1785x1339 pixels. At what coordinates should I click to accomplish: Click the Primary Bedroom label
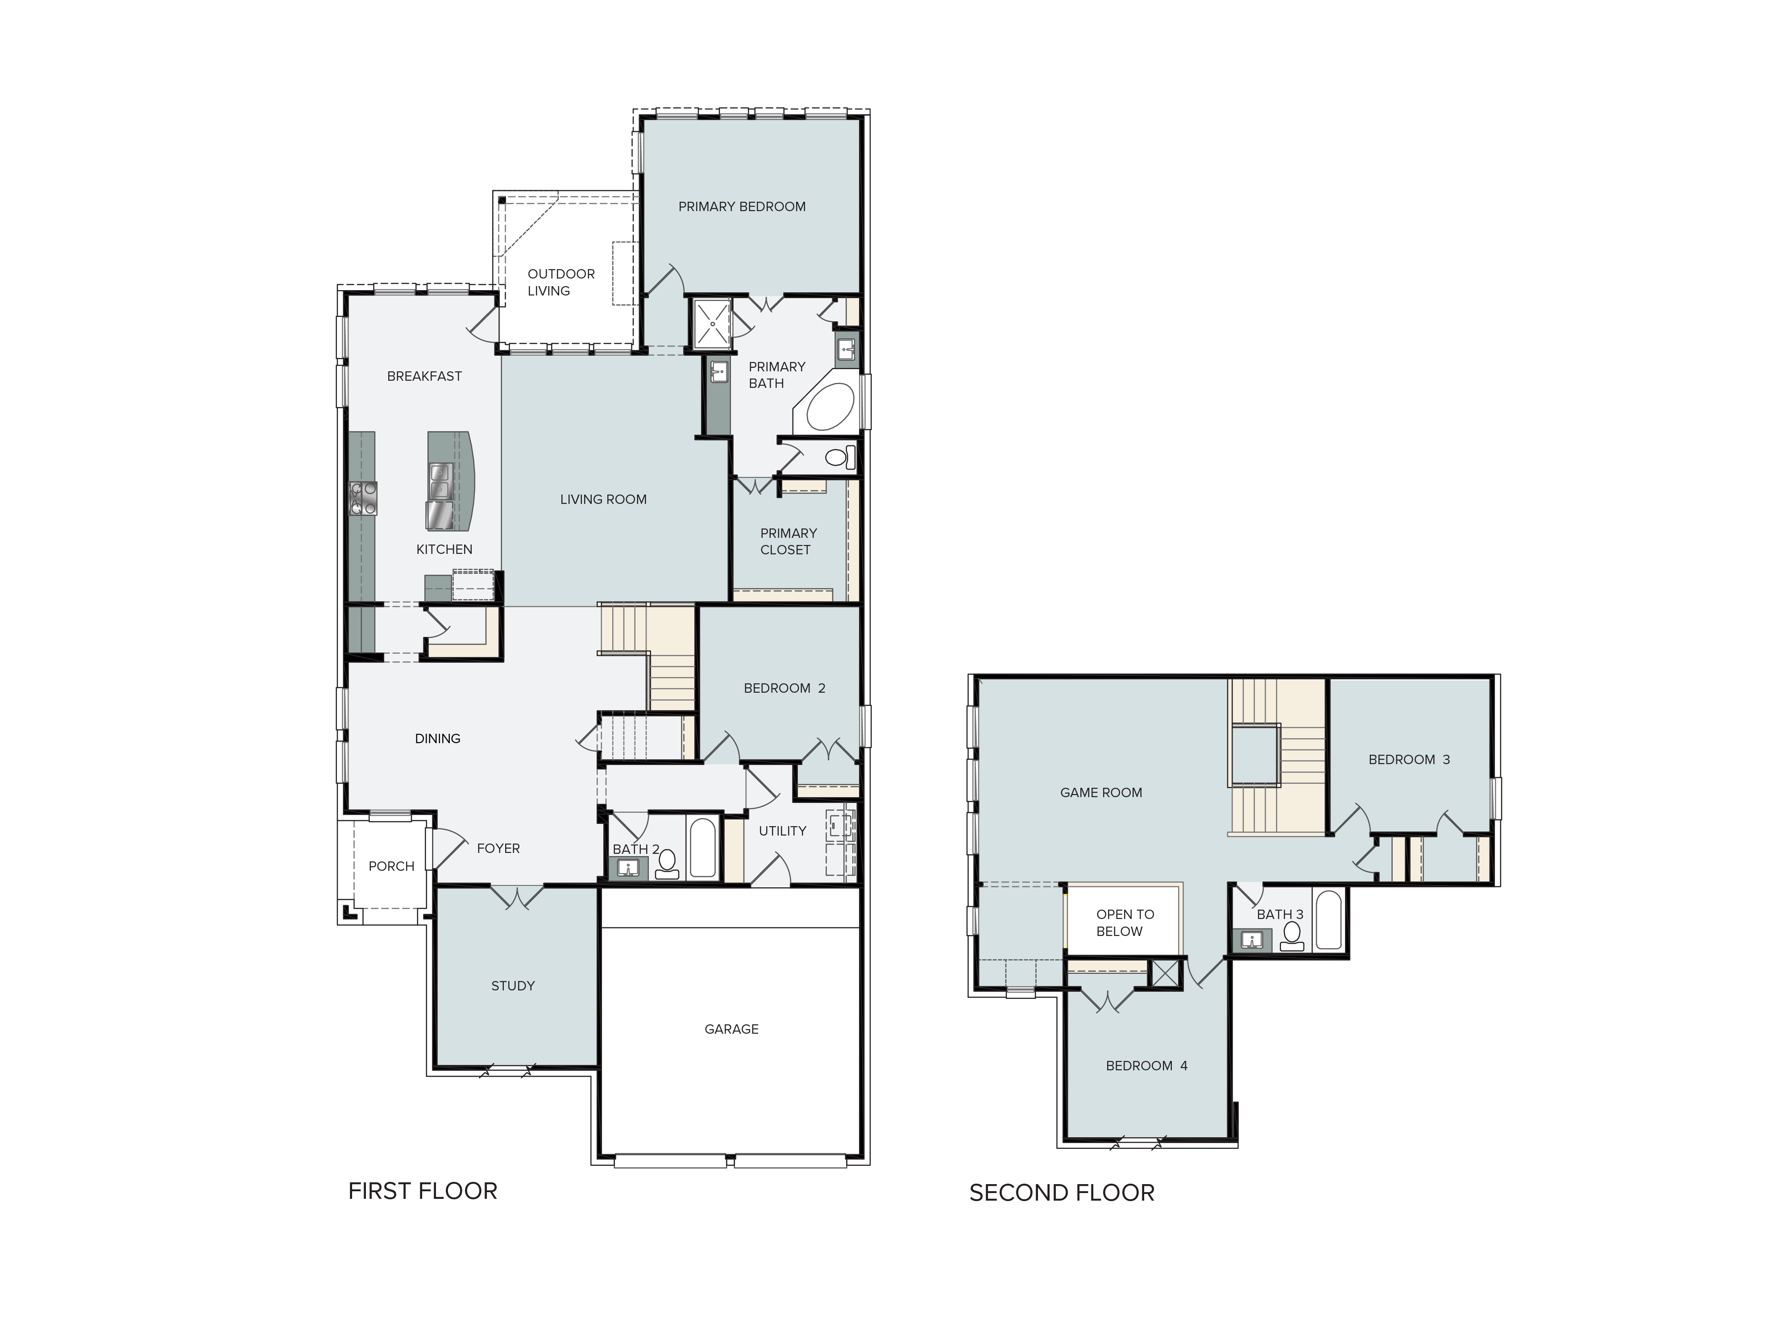point(742,207)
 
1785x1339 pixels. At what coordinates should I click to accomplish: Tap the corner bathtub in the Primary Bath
point(829,408)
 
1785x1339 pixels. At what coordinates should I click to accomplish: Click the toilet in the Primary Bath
point(839,457)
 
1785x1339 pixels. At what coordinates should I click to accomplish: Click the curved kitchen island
point(450,481)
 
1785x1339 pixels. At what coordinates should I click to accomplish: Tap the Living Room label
point(604,499)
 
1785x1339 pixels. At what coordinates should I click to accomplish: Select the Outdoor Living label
point(561,283)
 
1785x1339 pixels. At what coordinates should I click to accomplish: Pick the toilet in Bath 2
point(667,864)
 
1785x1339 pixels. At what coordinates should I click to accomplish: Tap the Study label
point(513,986)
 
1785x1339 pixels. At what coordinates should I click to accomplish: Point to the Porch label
point(391,866)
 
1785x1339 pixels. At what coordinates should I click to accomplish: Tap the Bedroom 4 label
point(1147,1065)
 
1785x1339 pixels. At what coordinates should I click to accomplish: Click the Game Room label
point(1101,793)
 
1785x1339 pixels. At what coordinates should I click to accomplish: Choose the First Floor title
point(423,1191)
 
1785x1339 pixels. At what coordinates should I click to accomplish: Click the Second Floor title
point(1062,1193)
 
